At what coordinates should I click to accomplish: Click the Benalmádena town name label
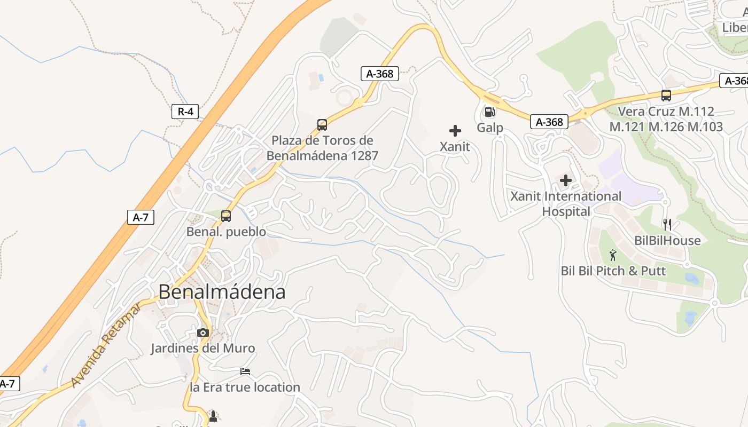[x=222, y=292]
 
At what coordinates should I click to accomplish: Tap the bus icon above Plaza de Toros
[x=322, y=125]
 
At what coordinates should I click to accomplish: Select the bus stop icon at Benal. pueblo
[x=226, y=216]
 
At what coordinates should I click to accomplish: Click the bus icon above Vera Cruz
[x=666, y=96]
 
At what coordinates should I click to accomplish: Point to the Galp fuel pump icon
[x=489, y=112]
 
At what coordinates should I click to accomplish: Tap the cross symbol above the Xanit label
[x=455, y=130]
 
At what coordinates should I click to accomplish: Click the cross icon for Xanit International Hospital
[x=566, y=180]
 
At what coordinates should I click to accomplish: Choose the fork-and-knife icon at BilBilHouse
[x=667, y=224]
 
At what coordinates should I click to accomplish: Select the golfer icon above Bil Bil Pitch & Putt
[x=613, y=255]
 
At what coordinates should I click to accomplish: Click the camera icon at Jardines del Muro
[x=202, y=333]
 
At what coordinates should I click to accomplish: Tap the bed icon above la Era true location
[x=245, y=371]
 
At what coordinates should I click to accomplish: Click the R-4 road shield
[x=185, y=112]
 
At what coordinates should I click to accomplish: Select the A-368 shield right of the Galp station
[x=549, y=122]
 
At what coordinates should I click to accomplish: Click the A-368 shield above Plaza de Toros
[x=380, y=74]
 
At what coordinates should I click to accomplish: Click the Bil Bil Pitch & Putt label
[x=613, y=271]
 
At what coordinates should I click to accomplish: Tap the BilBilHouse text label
[x=667, y=241]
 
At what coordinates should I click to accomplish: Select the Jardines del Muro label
[x=202, y=349]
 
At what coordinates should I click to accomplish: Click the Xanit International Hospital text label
[x=566, y=204]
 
